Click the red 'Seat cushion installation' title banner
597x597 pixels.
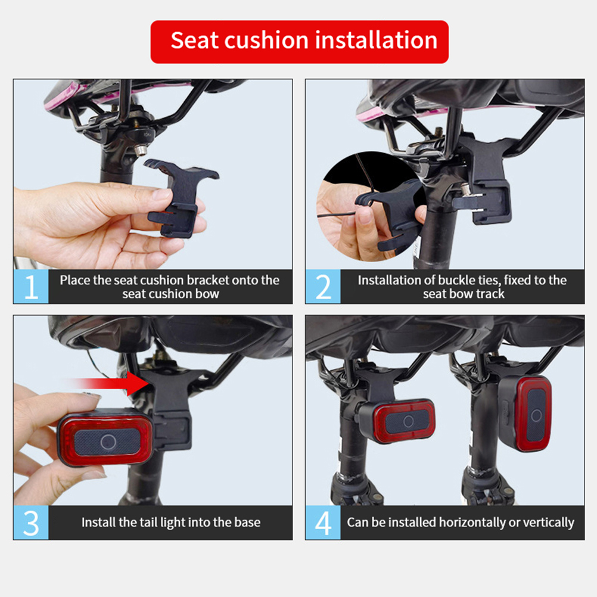click(299, 42)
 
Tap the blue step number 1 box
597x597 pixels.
click(31, 287)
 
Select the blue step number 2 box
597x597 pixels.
click(323, 287)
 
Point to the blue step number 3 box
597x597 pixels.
click(31, 523)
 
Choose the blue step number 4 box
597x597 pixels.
click(323, 523)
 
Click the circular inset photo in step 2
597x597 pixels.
click(371, 206)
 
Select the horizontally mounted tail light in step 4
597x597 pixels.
click(396, 421)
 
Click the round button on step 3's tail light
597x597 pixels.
click(108, 441)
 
